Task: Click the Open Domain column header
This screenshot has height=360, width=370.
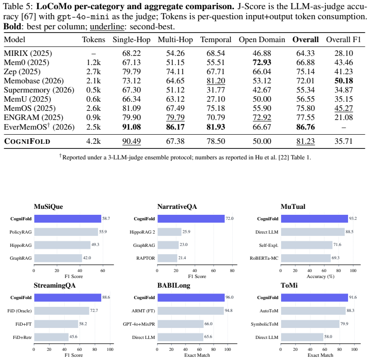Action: coord(261,40)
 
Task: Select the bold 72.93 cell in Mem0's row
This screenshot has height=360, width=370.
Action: coord(261,62)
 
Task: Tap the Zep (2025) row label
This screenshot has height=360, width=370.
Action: coord(22,71)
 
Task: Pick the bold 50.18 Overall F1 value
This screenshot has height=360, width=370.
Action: coord(343,81)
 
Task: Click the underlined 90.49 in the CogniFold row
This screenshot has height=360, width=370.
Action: coord(131,141)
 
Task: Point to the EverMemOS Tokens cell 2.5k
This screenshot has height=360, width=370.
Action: coord(93,127)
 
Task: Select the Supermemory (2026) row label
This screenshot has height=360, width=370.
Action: coord(39,90)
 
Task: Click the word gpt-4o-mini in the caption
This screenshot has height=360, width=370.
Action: coord(83,16)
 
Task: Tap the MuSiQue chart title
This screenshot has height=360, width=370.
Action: coord(49,207)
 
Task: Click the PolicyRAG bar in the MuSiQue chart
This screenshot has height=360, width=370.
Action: coord(66,232)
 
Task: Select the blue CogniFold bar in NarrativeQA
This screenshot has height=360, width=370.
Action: coord(191,218)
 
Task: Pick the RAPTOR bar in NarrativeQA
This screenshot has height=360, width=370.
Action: coord(167,258)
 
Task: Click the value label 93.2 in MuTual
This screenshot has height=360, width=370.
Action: coord(353,218)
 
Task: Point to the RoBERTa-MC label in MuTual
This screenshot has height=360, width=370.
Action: coord(264,258)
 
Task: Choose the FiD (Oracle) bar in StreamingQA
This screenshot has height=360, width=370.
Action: coord(61,311)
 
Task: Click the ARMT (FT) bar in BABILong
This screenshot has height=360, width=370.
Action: coord(190,311)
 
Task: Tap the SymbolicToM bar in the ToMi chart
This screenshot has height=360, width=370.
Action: coord(310,324)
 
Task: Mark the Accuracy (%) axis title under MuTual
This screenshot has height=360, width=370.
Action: coord(321,277)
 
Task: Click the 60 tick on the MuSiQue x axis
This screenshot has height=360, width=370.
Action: coord(103,271)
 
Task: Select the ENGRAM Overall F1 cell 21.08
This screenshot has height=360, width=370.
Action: coord(343,117)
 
